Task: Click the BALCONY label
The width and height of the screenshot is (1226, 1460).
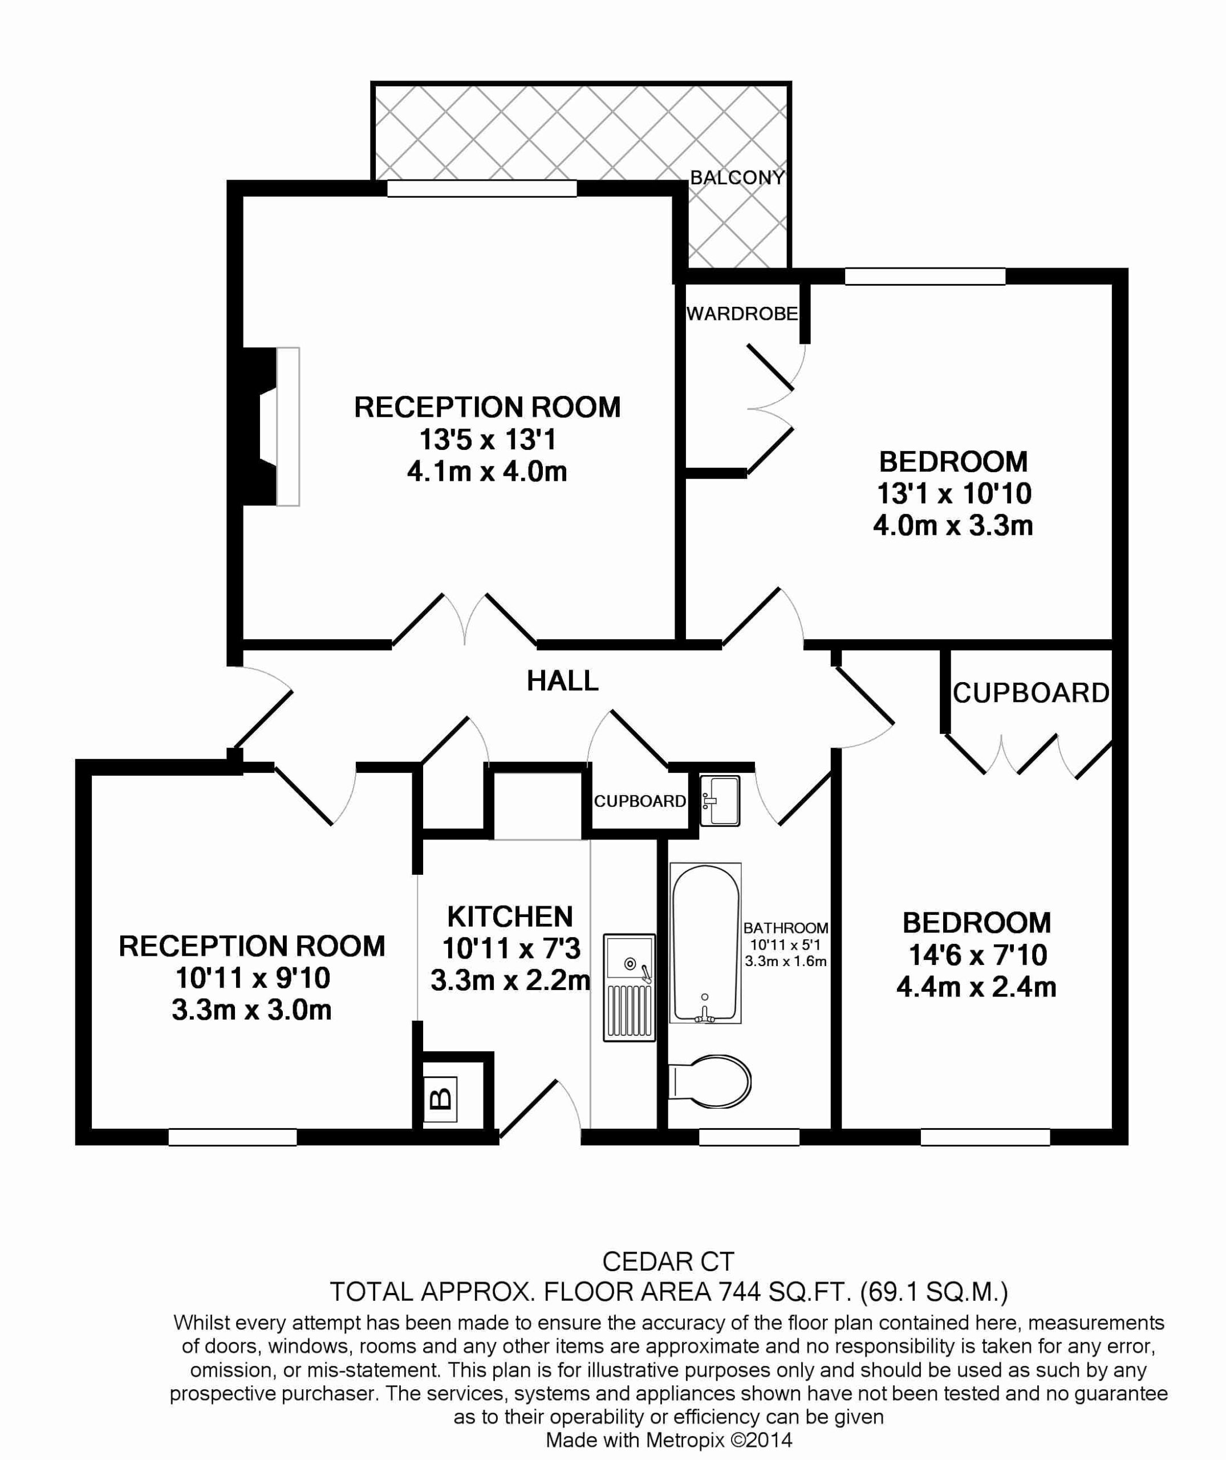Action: point(737,177)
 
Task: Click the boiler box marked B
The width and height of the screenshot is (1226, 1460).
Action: point(441,1098)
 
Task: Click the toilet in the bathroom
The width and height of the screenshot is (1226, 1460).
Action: point(709,1082)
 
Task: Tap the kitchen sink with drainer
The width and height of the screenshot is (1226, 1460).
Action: point(629,987)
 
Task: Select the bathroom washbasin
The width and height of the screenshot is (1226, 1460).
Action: point(719,801)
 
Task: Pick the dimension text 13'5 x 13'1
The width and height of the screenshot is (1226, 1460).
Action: point(487,439)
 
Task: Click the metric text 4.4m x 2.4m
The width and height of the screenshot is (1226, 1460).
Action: point(976,987)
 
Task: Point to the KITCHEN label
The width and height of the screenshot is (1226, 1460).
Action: point(510,917)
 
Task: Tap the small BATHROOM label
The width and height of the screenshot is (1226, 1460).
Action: point(785,928)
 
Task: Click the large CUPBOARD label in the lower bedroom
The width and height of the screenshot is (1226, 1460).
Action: point(1031,693)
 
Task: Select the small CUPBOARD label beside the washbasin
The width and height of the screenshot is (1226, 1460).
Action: point(639,802)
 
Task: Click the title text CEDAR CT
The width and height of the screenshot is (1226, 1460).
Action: point(668,1261)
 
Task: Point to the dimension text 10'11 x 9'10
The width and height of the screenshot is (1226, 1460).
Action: point(252,978)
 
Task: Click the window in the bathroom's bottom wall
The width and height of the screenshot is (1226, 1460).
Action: point(749,1137)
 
